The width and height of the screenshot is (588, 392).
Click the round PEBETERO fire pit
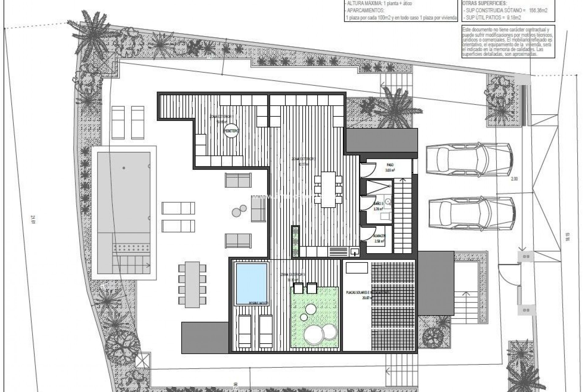(231, 131)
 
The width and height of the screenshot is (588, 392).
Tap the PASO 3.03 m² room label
(390, 167)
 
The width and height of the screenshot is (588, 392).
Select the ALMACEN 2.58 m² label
(380, 238)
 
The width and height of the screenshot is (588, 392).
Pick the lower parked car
(472, 213)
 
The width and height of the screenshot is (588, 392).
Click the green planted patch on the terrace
(315, 317)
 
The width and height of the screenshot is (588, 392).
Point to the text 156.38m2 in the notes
(537, 10)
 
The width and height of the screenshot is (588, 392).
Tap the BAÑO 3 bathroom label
(378, 206)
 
